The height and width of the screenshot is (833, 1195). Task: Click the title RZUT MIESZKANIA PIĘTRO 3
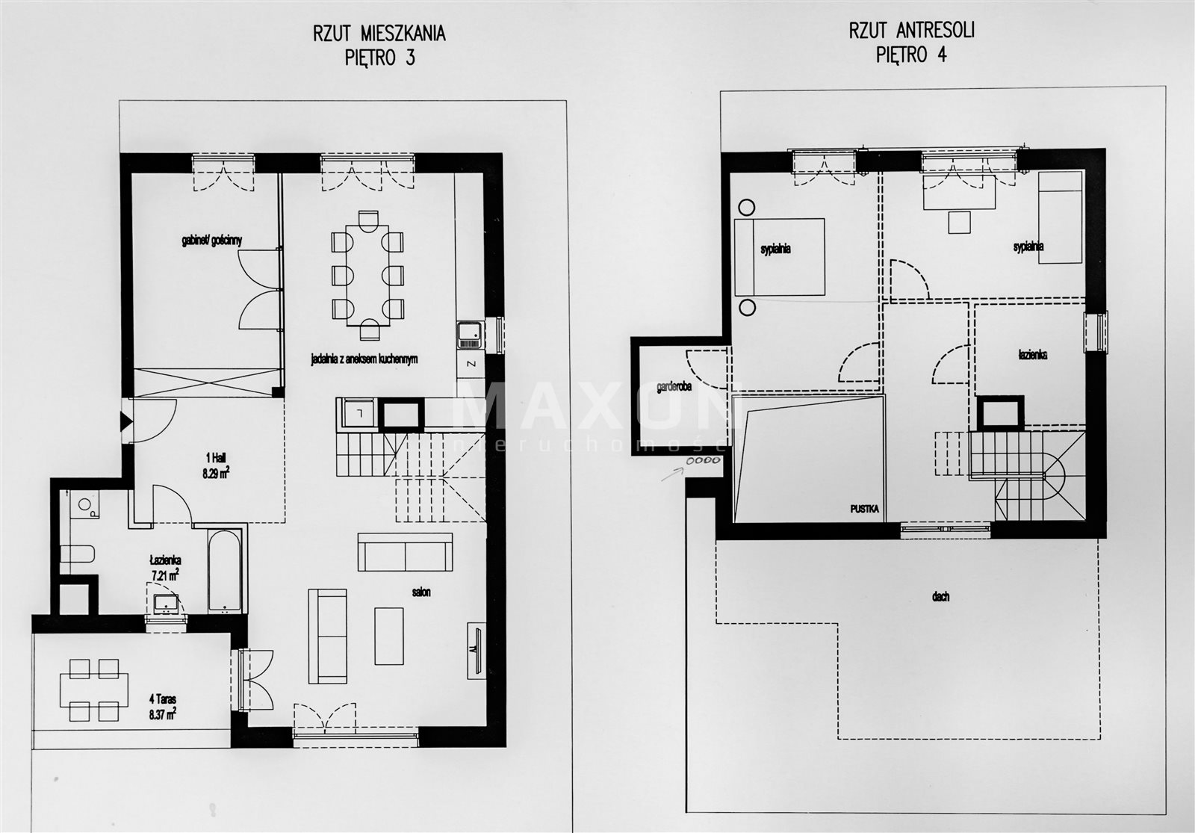(379, 45)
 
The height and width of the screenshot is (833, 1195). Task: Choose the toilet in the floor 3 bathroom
(77, 555)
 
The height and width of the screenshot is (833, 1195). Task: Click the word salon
(420, 592)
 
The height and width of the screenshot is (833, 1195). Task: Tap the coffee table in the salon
(388, 636)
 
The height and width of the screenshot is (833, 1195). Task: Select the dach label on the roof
(940, 597)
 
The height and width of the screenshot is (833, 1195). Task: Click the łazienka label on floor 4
(1031, 355)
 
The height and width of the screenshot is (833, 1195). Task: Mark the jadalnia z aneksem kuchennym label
(364, 359)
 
